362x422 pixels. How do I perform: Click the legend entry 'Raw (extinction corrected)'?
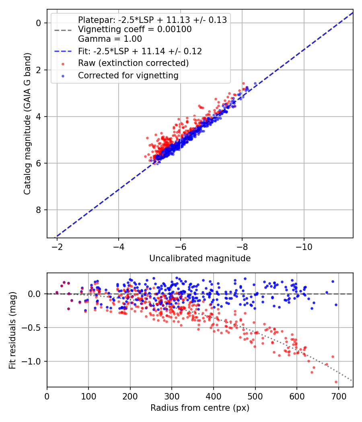[133, 63]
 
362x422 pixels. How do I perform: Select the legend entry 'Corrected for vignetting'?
[128, 75]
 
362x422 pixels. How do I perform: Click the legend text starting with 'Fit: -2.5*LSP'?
[140, 51]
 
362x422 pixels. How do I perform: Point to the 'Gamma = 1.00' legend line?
[110, 39]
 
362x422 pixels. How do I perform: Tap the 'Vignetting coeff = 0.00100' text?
[135, 29]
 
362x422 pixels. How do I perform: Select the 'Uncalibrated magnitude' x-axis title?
[200, 258]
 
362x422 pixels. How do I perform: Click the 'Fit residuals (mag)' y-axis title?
[12, 330]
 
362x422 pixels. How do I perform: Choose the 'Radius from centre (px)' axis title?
[200, 408]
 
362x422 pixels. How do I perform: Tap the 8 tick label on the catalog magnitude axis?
[39, 210]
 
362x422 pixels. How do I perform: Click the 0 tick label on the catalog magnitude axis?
[39, 23]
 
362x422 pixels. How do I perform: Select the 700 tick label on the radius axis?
[338, 396]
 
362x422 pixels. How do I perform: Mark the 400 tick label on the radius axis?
[214, 396]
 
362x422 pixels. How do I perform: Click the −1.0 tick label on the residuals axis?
[33, 361]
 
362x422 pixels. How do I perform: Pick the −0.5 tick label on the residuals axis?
[33, 328]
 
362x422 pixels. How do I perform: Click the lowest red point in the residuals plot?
[336, 382]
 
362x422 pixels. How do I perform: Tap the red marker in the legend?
[62, 64]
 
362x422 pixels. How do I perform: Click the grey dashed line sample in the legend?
[62, 30]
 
